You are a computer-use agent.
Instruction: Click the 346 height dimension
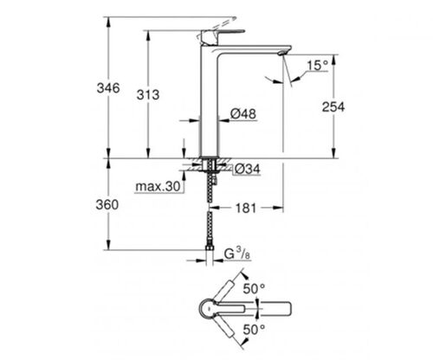point(108,88)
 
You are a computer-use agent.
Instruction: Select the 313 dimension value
point(148,94)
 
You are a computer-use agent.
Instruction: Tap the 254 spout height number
point(333,107)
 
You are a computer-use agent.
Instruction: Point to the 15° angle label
point(318,66)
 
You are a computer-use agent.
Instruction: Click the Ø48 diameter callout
point(243,113)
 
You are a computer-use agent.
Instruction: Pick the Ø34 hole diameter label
point(248,169)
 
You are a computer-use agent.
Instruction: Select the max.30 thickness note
point(158,187)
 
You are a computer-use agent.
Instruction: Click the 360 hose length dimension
point(107,205)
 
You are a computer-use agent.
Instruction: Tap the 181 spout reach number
point(246,208)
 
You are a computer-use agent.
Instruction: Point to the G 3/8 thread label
point(237,254)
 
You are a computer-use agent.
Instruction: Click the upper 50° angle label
point(254,288)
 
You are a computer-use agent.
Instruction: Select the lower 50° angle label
point(254,330)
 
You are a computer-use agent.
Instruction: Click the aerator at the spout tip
point(281,53)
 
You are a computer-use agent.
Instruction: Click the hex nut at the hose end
point(210,247)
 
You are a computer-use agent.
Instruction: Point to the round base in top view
point(207,309)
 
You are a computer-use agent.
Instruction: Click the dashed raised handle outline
point(216,28)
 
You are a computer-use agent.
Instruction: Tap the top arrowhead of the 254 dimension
point(333,60)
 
